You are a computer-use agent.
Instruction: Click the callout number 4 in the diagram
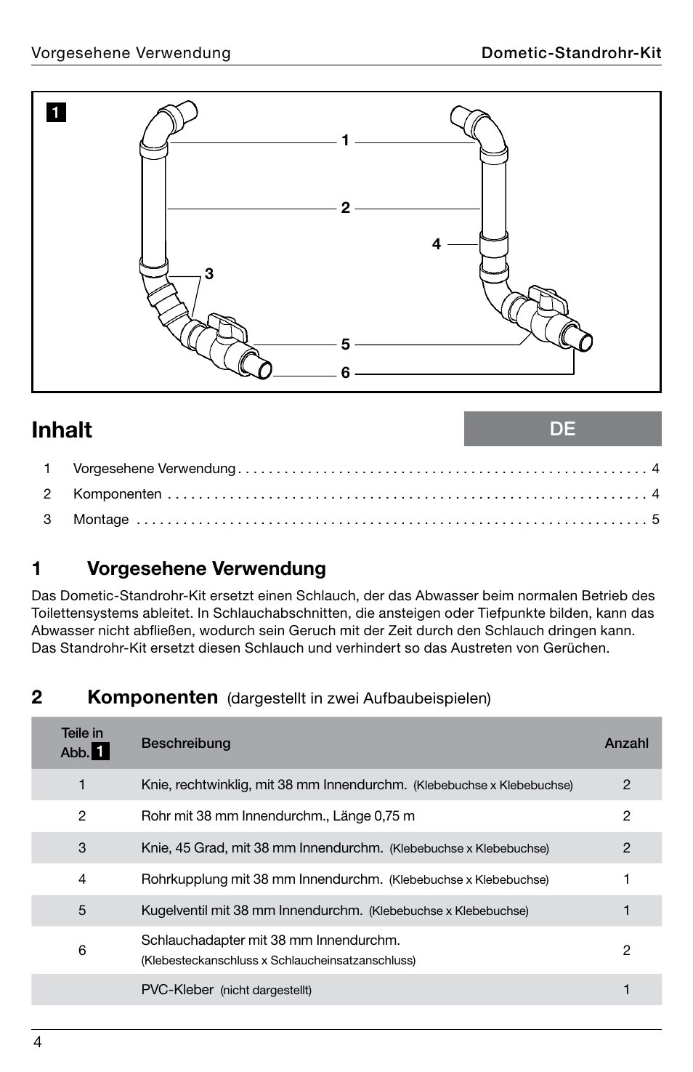[x=436, y=244]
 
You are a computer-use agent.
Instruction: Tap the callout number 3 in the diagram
[x=209, y=274]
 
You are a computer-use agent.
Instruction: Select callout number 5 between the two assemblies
[x=346, y=344]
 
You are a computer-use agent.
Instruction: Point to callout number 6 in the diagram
[x=346, y=373]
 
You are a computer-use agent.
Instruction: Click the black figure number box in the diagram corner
[x=57, y=113]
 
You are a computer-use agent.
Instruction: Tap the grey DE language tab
[x=562, y=429]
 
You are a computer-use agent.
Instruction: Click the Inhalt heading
[x=62, y=430]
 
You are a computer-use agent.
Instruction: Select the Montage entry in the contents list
[x=101, y=520]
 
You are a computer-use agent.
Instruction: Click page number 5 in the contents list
[x=655, y=520]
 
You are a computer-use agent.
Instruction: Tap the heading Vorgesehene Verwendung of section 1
[x=206, y=568]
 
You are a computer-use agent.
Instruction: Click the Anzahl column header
[x=626, y=743]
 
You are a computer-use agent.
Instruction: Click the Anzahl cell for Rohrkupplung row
[x=626, y=879]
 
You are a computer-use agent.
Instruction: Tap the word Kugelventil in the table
[x=172, y=911]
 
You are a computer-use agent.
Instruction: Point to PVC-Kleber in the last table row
[x=177, y=990]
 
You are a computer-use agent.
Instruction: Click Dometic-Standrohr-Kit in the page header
[x=571, y=53]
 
